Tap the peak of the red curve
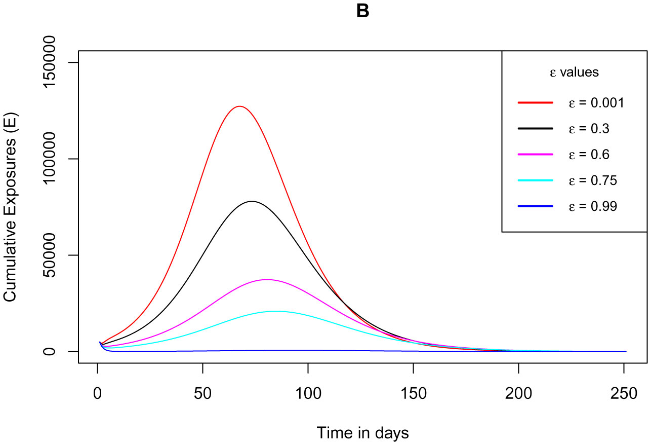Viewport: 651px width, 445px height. [239, 106]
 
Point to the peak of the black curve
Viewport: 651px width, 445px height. [252, 201]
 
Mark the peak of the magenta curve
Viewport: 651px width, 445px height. [266, 280]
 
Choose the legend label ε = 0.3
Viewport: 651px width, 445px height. [589, 129]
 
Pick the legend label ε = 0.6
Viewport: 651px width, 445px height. [589, 155]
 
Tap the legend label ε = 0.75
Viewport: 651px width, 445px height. [592, 180]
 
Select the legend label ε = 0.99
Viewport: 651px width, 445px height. [592, 206]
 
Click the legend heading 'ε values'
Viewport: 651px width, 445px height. [575, 72]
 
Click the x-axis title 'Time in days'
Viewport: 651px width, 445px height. [362, 433]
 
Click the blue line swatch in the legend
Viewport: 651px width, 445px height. [535, 206]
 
